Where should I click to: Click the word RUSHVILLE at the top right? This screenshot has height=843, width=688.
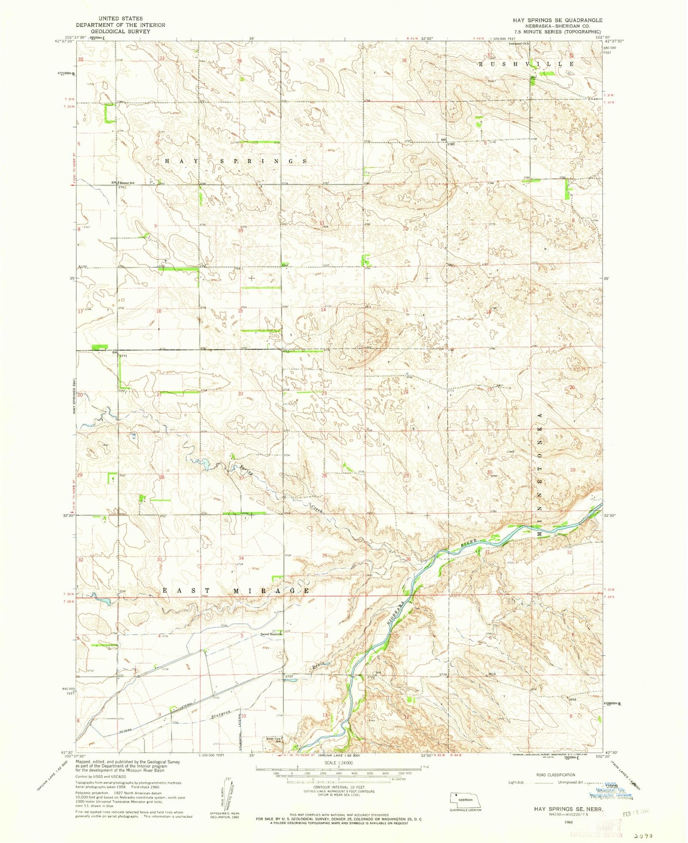click(527, 64)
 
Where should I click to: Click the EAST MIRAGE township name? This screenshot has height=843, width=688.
click(236, 590)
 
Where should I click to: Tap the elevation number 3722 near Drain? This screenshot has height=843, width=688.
click(289, 676)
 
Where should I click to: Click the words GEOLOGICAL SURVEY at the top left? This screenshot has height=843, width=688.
click(121, 31)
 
